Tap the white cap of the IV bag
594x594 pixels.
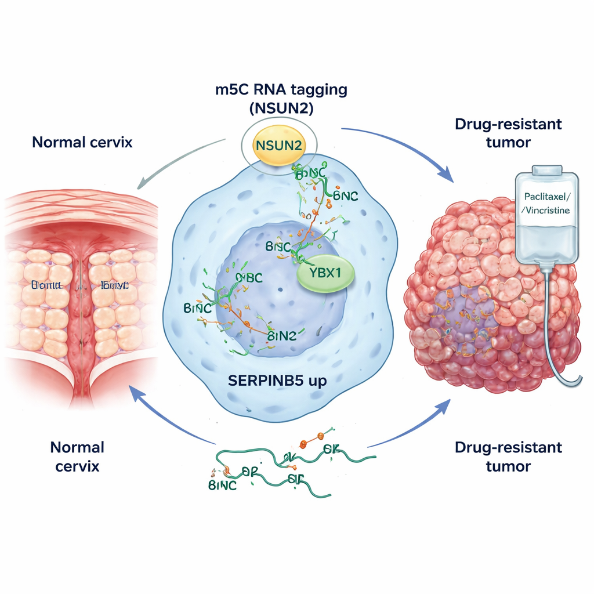pos(547,170)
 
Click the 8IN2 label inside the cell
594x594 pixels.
pos(281,335)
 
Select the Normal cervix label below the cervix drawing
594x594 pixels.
pos(77,457)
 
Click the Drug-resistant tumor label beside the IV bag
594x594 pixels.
pos(509,133)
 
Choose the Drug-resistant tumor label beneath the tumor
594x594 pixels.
pos(509,457)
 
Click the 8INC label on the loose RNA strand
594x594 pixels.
pos(222,485)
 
